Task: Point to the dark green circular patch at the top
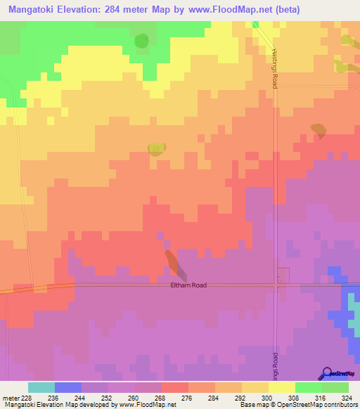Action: [141, 41]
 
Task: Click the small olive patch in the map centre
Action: [156, 148]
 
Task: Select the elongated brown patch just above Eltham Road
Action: [175, 264]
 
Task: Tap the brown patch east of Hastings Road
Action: [319, 131]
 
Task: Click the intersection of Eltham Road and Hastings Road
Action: [276, 285]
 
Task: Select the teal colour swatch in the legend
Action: [41, 387]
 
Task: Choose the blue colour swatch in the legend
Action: [67, 387]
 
